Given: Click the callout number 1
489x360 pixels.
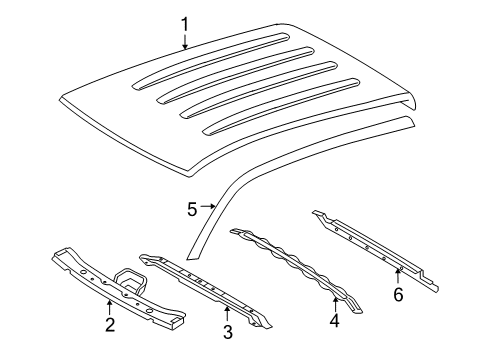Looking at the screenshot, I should (x=184, y=23).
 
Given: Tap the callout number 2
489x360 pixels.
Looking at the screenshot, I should (x=110, y=323).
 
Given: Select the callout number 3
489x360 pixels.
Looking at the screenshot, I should (x=227, y=331).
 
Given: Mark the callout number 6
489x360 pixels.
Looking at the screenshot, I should (x=397, y=296).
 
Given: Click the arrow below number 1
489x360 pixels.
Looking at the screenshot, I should (x=184, y=42).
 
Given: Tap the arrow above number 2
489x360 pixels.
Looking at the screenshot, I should (x=110, y=303).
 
